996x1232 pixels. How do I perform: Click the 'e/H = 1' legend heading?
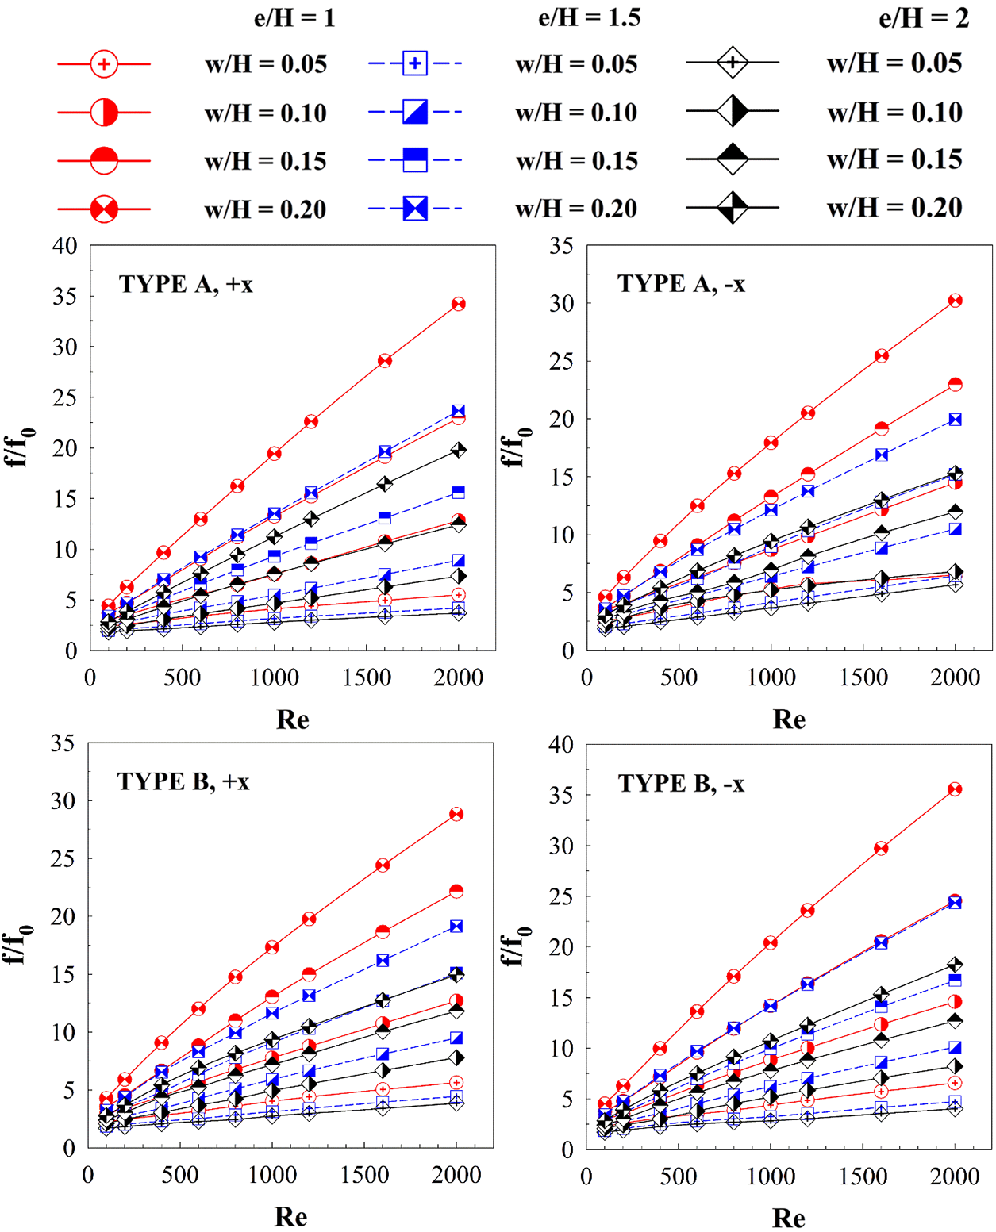(294, 17)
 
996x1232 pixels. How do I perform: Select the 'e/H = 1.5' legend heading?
(589, 17)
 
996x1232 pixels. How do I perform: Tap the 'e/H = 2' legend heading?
(923, 17)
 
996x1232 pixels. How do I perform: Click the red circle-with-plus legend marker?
(104, 63)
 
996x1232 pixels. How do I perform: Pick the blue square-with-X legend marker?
(415, 209)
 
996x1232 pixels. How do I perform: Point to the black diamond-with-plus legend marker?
(733, 62)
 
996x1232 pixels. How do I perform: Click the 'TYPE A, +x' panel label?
(186, 284)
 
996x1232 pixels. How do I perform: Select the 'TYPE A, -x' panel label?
(681, 283)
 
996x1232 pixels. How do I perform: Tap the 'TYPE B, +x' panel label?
(183, 781)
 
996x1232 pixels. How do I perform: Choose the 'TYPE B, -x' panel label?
(681, 784)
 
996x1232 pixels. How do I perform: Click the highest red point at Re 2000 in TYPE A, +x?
(458, 304)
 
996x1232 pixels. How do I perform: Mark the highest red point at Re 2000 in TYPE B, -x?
(955, 789)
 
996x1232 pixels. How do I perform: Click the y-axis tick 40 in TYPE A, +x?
(65, 246)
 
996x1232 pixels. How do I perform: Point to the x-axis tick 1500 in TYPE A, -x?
(863, 677)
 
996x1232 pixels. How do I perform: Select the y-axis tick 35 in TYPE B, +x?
(63, 743)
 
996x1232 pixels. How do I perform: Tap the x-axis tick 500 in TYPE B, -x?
(679, 1176)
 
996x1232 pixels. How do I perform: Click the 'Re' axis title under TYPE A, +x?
(292, 720)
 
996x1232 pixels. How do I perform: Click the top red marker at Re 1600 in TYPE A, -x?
(882, 355)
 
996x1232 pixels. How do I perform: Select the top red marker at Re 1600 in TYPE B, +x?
(383, 865)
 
